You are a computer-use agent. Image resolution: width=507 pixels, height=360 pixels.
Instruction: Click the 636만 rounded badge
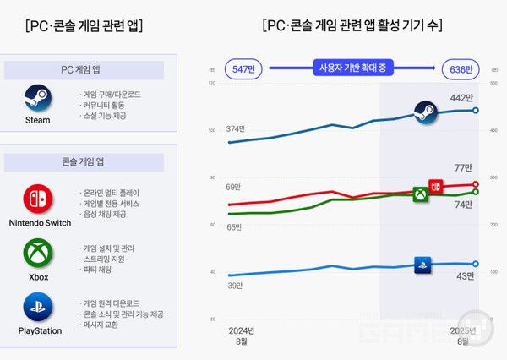[x=461, y=68]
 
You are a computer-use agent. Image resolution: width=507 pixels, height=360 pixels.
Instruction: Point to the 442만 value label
[x=461, y=98]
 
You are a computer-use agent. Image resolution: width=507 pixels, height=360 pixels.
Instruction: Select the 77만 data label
[x=463, y=167]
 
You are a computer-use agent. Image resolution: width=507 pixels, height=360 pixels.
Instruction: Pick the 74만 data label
[x=463, y=205]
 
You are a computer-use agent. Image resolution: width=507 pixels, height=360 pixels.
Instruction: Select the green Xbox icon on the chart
[x=420, y=195]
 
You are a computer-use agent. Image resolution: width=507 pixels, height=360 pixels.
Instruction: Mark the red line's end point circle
[x=476, y=184]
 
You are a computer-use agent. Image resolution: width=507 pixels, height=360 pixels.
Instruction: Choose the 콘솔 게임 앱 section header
[x=89, y=160]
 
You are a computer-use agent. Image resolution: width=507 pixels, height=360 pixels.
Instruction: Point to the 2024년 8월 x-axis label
[x=242, y=335]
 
